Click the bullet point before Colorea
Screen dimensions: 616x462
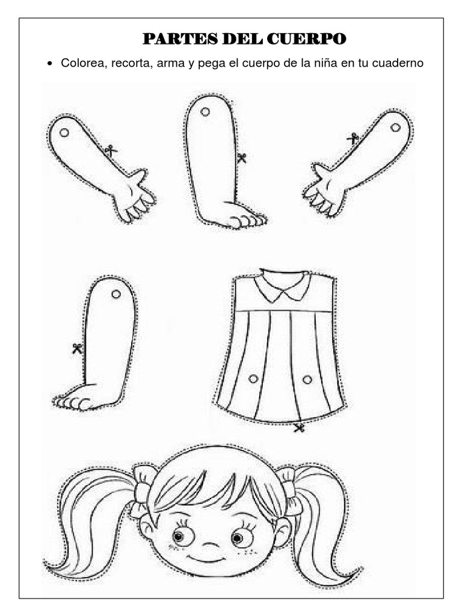point(51,64)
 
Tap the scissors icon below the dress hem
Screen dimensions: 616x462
point(299,428)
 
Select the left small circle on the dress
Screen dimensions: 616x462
point(253,378)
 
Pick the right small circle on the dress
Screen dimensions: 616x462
point(307,379)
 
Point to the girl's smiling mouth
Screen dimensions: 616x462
point(210,559)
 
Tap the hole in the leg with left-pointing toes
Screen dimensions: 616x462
point(116,294)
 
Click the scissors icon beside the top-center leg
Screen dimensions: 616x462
point(242,158)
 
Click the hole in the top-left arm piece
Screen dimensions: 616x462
point(65,132)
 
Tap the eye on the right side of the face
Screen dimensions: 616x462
point(242,536)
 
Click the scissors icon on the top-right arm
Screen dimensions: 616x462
point(353,139)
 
